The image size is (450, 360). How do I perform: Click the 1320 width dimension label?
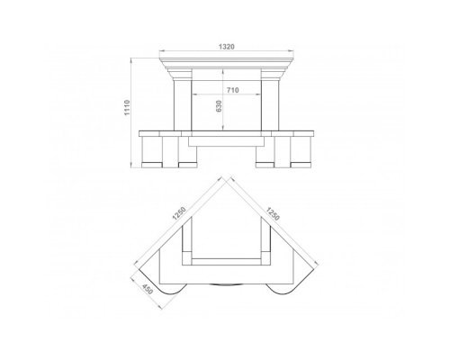tap(227, 47)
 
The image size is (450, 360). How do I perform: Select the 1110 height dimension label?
tap(127, 108)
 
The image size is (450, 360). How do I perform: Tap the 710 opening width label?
tap(232, 90)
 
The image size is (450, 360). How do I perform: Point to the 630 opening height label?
tap(219, 106)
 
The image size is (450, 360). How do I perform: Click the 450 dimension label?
tap(148, 289)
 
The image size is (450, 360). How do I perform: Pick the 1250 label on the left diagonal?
tap(179, 213)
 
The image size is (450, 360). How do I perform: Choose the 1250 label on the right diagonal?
tap(273, 213)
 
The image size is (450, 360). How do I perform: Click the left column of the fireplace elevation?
tap(183, 105)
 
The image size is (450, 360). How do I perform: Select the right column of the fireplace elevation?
tap(270, 105)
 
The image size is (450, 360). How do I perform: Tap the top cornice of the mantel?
tap(227, 61)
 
